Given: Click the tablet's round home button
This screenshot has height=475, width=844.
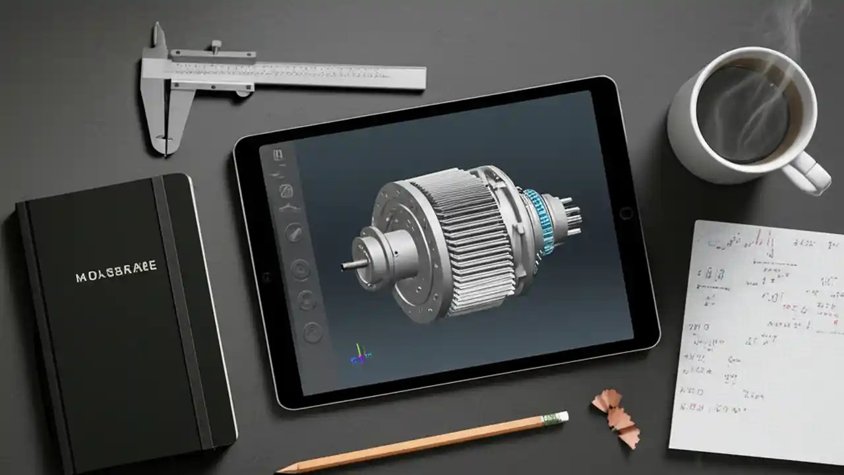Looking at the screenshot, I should point(626,213).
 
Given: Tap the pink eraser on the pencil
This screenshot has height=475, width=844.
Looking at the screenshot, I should point(560,417).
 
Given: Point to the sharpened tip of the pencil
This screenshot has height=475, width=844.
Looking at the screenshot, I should point(280,470).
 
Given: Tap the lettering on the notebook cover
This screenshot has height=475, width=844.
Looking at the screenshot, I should point(116,269).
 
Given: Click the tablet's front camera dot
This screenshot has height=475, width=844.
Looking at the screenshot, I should point(266,276).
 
